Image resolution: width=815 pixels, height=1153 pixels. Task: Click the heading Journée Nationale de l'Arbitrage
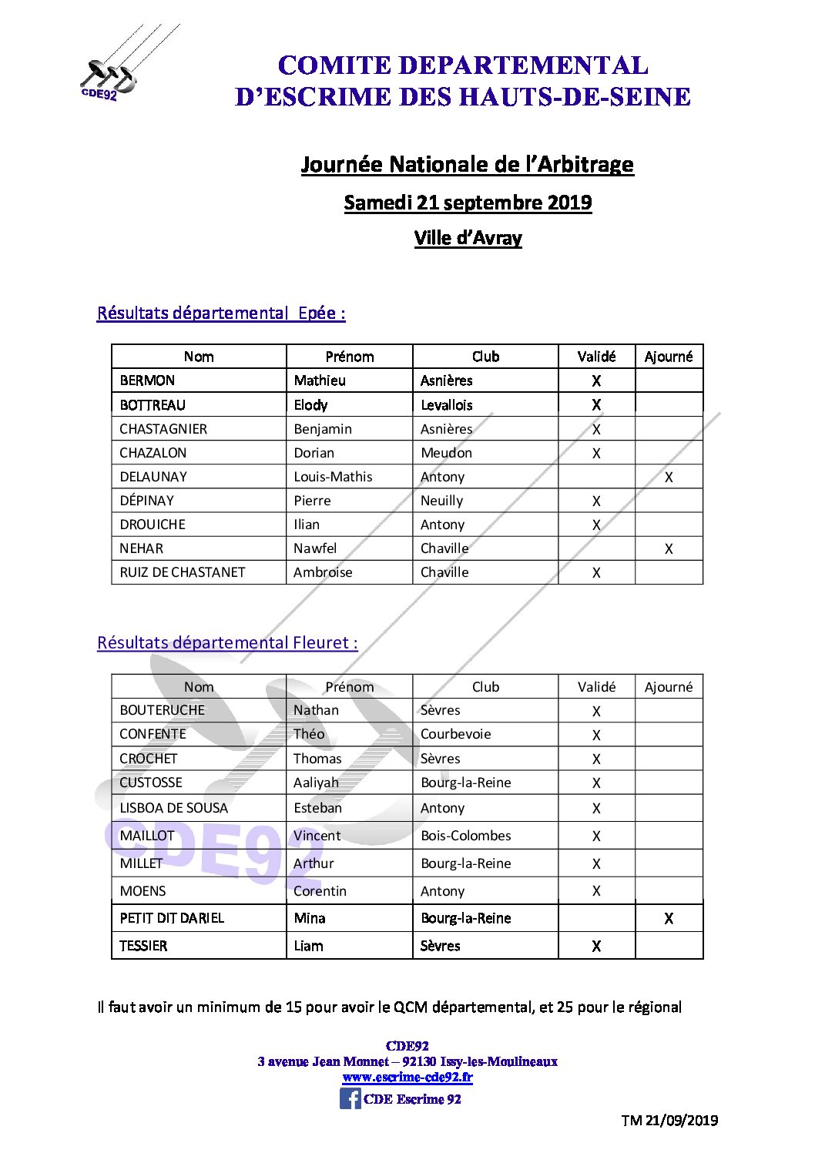467,164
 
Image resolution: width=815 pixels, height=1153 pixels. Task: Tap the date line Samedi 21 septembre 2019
468,203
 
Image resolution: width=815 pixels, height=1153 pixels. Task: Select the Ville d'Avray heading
468,238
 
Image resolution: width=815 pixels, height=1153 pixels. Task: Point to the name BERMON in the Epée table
147,380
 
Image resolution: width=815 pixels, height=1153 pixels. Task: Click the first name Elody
310,405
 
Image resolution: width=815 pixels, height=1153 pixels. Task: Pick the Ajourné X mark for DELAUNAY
669,478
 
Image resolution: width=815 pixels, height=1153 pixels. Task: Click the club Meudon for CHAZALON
446,453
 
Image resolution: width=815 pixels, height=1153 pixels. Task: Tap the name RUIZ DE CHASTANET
183,572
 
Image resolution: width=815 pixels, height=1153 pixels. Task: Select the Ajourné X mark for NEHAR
669,549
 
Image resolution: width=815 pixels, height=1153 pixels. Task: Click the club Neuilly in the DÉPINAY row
441,501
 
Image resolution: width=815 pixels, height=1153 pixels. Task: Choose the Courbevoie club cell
455,734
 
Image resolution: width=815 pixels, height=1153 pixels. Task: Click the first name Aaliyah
316,783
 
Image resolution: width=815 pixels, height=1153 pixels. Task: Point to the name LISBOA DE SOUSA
174,808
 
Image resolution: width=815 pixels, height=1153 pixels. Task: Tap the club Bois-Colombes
465,836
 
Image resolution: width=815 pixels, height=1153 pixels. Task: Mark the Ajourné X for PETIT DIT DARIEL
669,918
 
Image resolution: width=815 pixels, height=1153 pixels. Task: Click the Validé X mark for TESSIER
596,946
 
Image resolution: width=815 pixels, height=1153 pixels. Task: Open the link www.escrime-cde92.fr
407,1078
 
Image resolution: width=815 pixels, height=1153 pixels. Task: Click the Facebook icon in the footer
350,1098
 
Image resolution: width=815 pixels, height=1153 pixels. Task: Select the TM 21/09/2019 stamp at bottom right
669,1121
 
